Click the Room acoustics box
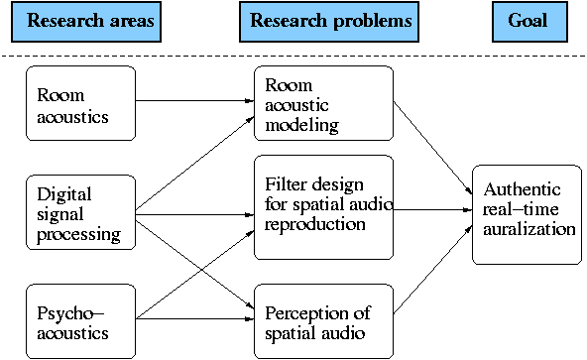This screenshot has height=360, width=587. pos(79,106)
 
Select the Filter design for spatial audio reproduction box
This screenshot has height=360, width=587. pos(323,204)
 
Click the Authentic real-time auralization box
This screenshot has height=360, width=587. pos(526,214)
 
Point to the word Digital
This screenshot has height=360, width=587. pos(58,195)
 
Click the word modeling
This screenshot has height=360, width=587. pos(301,125)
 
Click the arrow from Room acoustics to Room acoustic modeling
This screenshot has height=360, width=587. pos(193,100)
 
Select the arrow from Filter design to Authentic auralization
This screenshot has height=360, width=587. pos(432,209)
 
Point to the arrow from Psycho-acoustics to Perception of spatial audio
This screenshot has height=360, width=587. pos(193,318)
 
